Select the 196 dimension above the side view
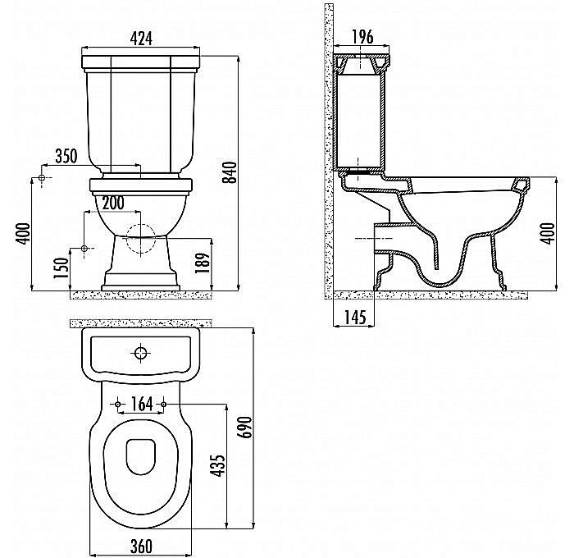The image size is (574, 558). (362, 36)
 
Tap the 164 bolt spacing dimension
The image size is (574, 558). (142, 403)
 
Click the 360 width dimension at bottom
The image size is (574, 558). (142, 545)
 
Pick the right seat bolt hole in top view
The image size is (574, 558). (165, 405)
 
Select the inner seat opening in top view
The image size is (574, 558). (142, 456)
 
